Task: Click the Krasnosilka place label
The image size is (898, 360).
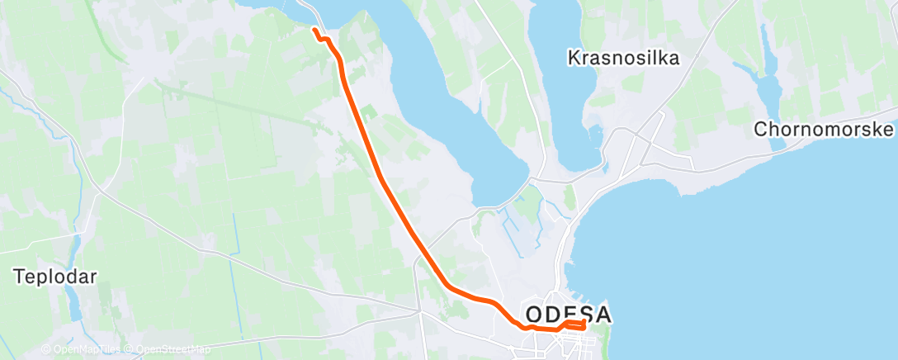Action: [623, 58]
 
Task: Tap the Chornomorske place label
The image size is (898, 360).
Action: [825, 130]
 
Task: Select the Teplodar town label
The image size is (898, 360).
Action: [54, 277]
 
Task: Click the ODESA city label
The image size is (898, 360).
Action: [569, 315]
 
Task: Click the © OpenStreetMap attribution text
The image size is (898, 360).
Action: [168, 349]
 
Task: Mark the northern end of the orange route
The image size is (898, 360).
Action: [314, 31]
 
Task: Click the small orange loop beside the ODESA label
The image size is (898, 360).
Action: [575, 324]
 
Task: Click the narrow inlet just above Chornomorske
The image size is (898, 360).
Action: [771, 83]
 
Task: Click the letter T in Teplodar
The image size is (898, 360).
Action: [18, 277]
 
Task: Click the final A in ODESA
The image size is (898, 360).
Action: [602, 315]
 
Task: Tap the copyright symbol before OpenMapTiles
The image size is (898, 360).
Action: [45, 349]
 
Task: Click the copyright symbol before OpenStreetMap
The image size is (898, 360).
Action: [130, 349]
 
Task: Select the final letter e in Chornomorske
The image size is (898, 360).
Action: [889, 130]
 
